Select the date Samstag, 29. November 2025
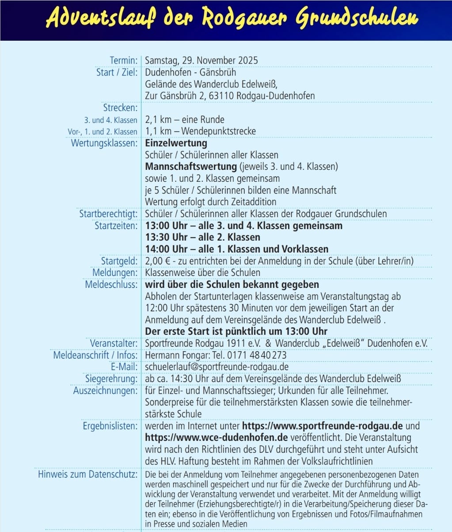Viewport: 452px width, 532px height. click(201, 61)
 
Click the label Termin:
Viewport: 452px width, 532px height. click(123, 61)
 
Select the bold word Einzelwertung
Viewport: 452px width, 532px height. click(176, 143)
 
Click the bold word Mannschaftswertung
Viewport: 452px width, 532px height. click(191, 167)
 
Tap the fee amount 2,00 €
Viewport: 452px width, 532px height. click(160, 261)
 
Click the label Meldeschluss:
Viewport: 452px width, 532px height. click(111, 284)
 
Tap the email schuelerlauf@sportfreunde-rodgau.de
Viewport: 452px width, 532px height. click(217, 367)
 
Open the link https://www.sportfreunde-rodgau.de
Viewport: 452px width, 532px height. click(322, 426)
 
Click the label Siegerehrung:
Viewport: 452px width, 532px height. click(111, 379)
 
